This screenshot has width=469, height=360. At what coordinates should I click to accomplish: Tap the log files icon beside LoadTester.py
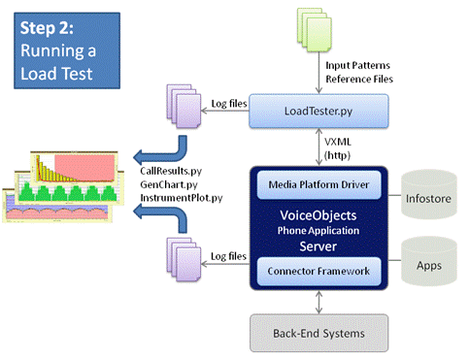point(182,111)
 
